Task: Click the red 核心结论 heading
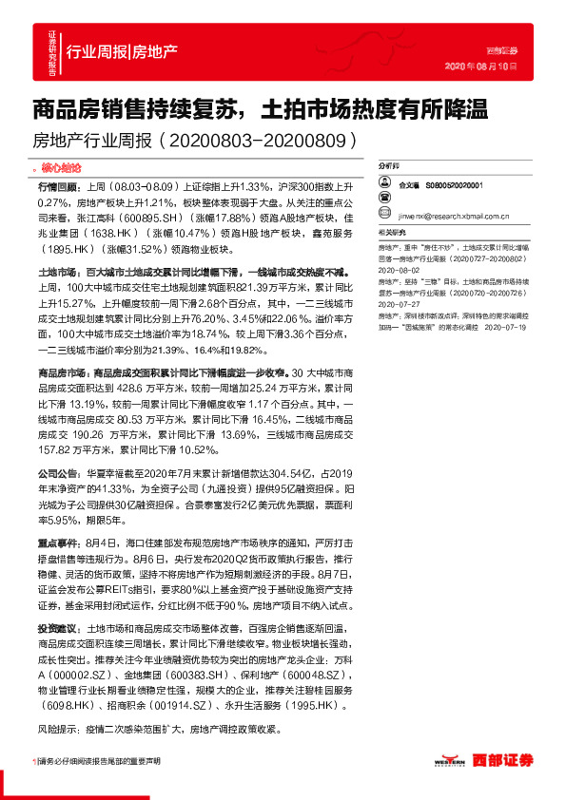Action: tap(66, 165)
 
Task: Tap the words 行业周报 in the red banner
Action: tap(97, 52)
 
